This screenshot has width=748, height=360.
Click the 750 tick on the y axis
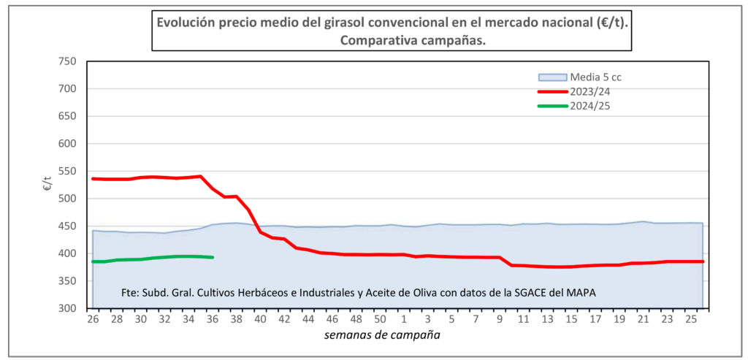[68, 61]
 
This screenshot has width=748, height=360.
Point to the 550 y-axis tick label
[68, 171]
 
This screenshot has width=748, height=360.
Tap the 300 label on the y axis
[68, 308]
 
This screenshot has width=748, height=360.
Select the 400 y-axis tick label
[68, 253]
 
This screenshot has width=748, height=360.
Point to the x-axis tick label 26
[93, 320]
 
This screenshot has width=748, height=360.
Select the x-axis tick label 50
[379, 320]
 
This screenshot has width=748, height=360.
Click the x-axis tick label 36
[212, 320]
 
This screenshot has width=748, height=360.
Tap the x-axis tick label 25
[691, 320]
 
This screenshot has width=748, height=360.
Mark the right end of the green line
[212, 257]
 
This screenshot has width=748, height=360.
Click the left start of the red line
[93, 178]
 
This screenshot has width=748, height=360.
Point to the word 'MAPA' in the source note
[580, 293]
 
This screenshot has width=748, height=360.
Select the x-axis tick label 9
[499, 320]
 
